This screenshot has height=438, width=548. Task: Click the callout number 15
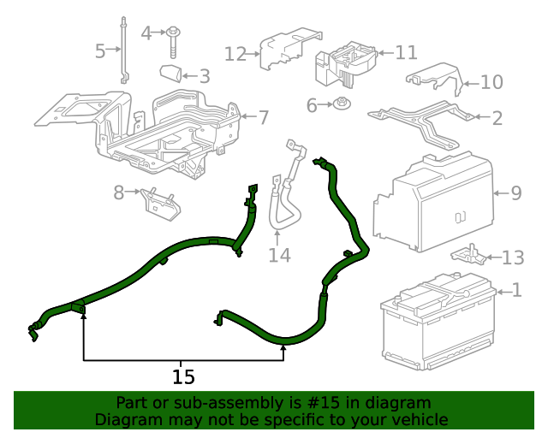pyautogui.click(x=183, y=376)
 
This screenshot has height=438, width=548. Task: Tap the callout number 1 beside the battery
pyautogui.click(x=516, y=291)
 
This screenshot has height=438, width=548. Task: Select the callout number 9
pyautogui.click(x=515, y=193)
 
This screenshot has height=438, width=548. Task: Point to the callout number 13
pyautogui.click(x=512, y=257)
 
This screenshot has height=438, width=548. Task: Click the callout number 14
pyautogui.click(x=279, y=255)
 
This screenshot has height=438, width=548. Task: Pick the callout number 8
pyautogui.click(x=119, y=193)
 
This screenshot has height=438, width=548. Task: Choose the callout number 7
pyautogui.click(x=263, y=116)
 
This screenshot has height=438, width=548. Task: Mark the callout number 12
pyautogui.click(x=235, y=54)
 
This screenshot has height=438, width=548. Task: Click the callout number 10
pyautogui.click(x=491, y=82)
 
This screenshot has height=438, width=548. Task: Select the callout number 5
pyautogui.click(x=100, y=51)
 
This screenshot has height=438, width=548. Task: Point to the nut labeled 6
pyautogui.click(x=342, y=105)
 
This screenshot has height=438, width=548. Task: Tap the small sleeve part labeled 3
pyautogui.click(x=172, y=72)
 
